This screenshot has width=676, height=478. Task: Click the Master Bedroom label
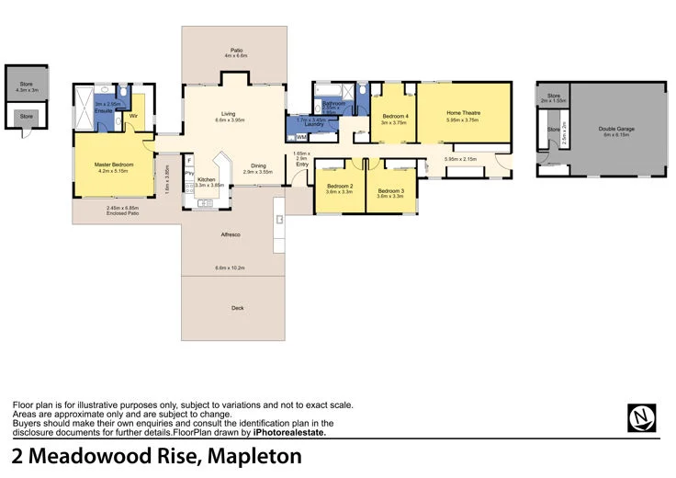[x=115, y=165]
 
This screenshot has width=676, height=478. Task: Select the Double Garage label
[x=616, y=129]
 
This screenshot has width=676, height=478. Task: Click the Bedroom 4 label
[x=394, y=115]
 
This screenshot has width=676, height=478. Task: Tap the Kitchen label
[x=206, y=179]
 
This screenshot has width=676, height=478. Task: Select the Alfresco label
[x=231, y=235]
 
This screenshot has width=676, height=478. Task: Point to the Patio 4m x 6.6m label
[x=236, y=52]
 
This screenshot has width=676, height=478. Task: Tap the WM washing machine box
[x=301, y=136]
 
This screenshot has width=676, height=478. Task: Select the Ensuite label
[x=103, y=110]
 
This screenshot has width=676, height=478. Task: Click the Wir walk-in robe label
[x=133, y=116]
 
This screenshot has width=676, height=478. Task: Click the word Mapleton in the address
[x=255, y=457]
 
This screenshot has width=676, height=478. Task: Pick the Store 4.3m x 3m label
[x=27, y=85]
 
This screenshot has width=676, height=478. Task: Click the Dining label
[x=258, y=166]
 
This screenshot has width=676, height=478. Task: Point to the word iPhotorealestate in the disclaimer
[x=289, y=431]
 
